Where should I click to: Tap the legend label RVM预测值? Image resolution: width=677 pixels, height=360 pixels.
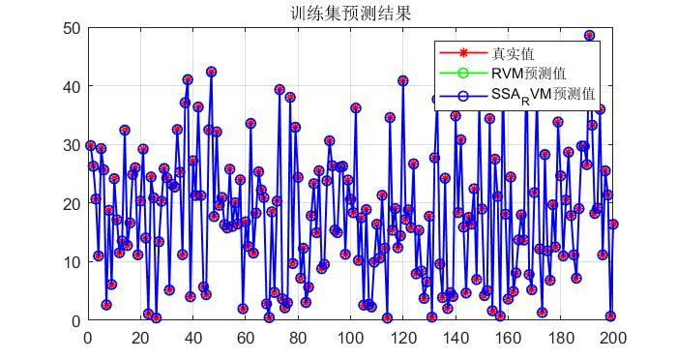pyautogui.click(x=528, y=74)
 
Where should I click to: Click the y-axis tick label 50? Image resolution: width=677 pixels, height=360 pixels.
pyautogui.click(x=72, y=28)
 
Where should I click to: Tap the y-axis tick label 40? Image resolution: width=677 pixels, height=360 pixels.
pyautogui.click(x=72, y=86)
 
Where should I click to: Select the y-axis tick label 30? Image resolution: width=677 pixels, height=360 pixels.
pyautogui.click(x=72, y=145)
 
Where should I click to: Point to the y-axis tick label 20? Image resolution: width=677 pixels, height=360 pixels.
pyautogui.click(x=72, y=203)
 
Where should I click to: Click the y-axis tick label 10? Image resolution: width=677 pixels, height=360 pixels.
pyautogui.click(x=72, y=262)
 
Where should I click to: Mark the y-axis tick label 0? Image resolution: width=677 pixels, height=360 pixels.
pyautogui.click(x=75, y=320)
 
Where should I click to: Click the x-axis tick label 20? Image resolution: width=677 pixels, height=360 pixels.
pyautogui.click(x=140, y=338)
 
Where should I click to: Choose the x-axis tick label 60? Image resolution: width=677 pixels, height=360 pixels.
pyautogui.click(x=246, y=338)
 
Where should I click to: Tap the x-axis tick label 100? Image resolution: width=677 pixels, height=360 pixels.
pyautogui.click(x=351, y=338)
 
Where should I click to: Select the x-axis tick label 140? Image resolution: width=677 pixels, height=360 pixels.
pyautogui.click(x=456, y=338)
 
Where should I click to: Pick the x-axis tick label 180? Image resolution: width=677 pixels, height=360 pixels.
pyautogui.click(x=562, y=338)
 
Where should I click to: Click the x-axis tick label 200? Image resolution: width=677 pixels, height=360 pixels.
pyautogui.click(x=614, y=338)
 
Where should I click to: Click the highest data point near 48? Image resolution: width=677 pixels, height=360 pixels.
pyautogui.click(x=589, y=36)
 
